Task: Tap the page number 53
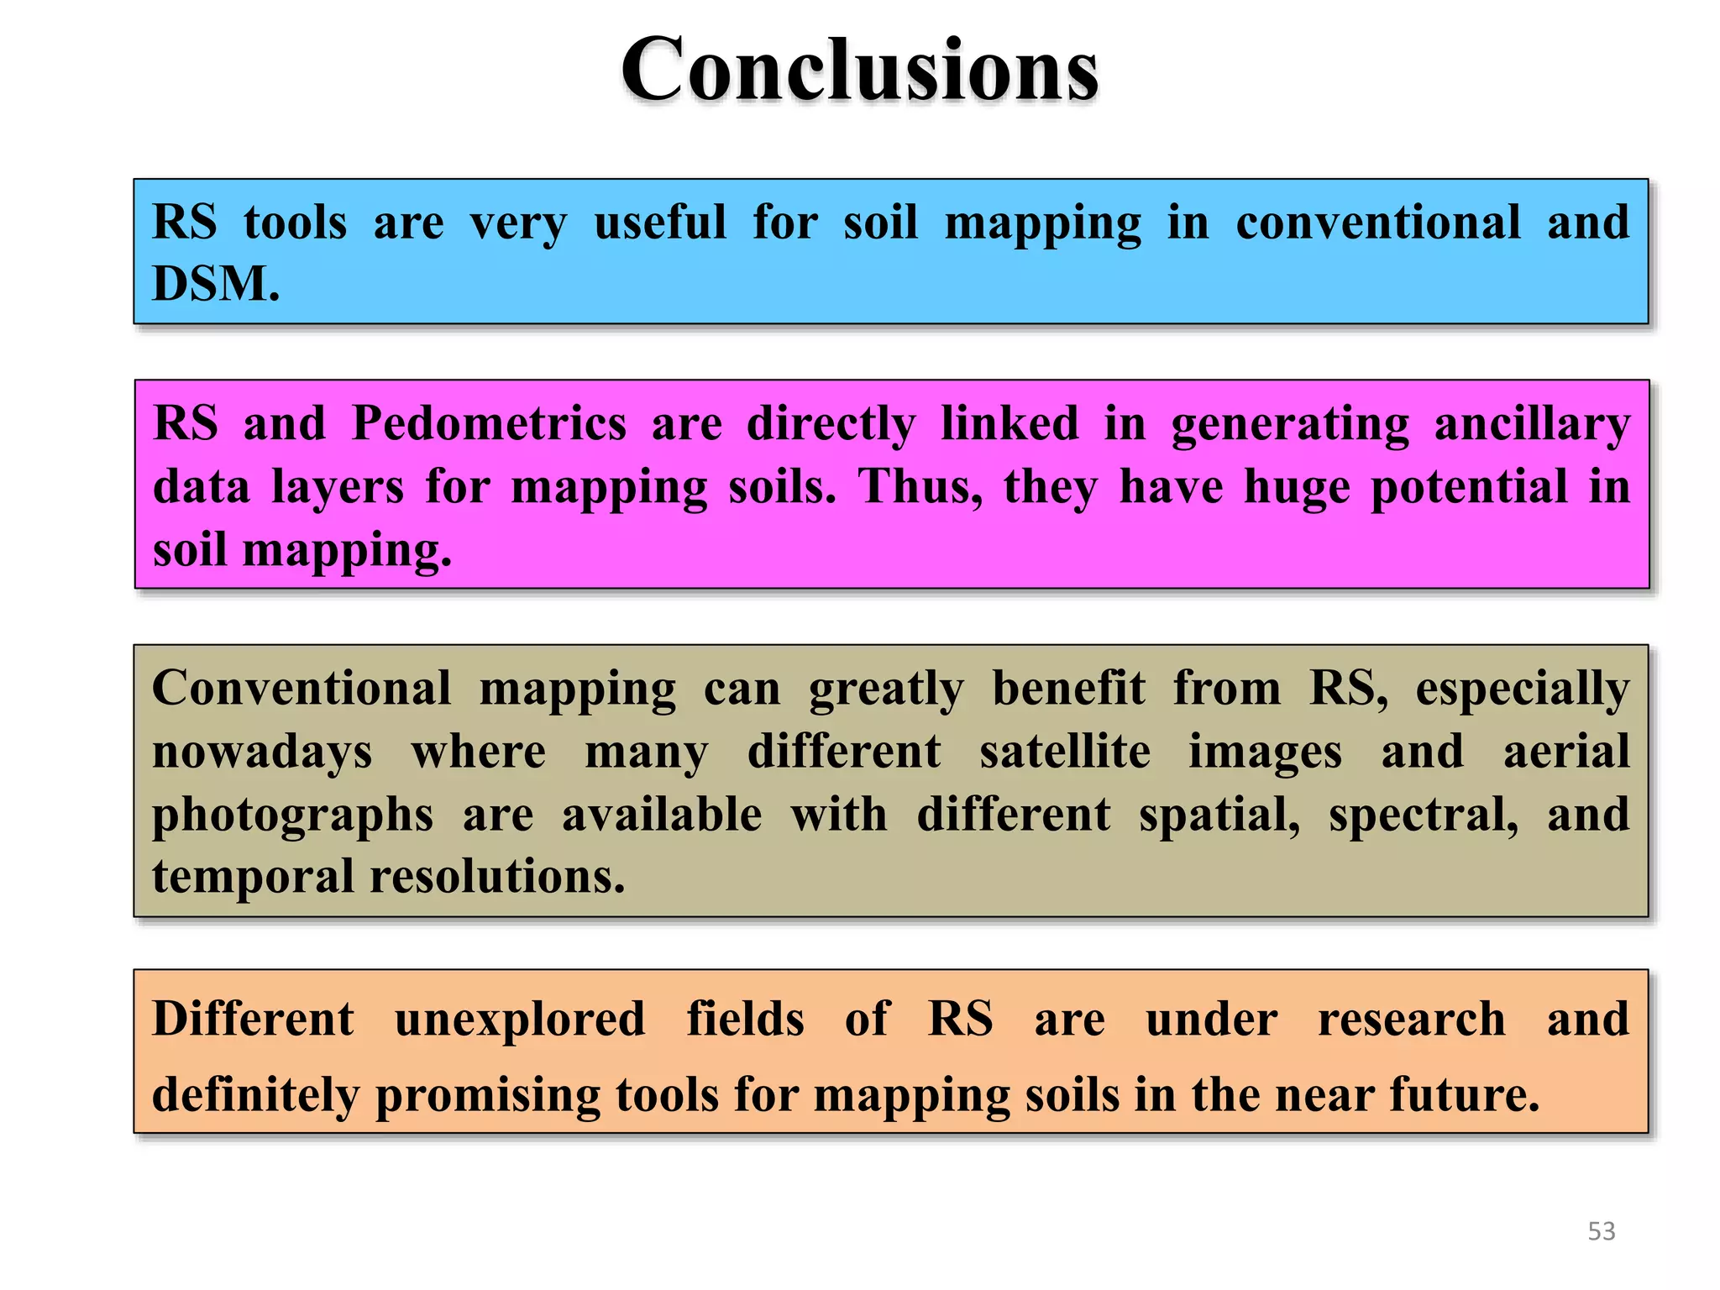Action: pyautogui.click(x=1601, y=1231)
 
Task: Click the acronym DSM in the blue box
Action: pyautogui.click(x=214, y=284)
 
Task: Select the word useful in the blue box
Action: pyautogui.click(x=660, y=223)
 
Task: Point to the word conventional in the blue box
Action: pyautogui.click(x=1378, y=223)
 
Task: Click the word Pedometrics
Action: pyautogui.click(x=489, y=422)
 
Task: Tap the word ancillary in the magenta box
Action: pyautogui.click(x=1531, y=424)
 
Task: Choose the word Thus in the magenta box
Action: pyautogui.click(x=918, y=487)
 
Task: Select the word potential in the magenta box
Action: pyautogui.click(x=1469, y=487)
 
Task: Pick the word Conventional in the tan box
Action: pyautogui.click(x=302, y=689)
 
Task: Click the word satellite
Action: pyautogui.click(x=1064, y=752)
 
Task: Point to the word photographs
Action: pyautogui.click(x=292, y=815)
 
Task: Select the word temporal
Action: pyautogui.click(x=253, y=878)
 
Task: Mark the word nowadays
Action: pyautogui.click(x=262, y=752)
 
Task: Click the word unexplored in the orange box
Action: pyautogui.click(x=520, y=1020)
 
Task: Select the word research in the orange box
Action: pyautogui.click(x=1411, y=1020)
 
